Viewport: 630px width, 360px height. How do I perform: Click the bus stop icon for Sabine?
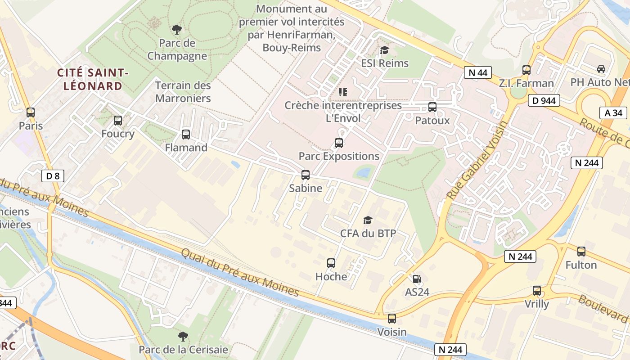[306, 175]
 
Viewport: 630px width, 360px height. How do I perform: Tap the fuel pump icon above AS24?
[417, 279]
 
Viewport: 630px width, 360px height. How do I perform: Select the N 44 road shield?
[477, 72]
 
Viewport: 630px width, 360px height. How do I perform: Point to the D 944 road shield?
[544, 100]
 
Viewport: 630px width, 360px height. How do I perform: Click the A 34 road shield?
[613, 113]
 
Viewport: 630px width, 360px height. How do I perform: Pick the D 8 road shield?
[53, 176]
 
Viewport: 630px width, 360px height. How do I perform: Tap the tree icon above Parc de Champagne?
[177, 30]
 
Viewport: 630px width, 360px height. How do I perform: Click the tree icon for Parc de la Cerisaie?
[183, 336]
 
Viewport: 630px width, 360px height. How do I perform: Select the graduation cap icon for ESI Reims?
[384, 50]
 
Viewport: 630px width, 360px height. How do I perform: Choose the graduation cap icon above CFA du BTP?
[368, 220]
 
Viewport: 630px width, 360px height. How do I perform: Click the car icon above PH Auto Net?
[601, 69]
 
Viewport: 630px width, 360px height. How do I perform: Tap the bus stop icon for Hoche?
[331, 263]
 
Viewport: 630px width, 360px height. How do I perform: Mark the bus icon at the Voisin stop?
[392, 319]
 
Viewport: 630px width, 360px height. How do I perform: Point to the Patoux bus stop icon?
[432, 107]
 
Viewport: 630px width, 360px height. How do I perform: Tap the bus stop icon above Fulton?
[581, 252]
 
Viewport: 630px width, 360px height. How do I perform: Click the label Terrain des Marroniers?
[183, 91]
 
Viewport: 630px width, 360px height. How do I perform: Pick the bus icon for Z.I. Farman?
[526, 70]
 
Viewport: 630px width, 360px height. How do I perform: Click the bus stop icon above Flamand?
[185, 134]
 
